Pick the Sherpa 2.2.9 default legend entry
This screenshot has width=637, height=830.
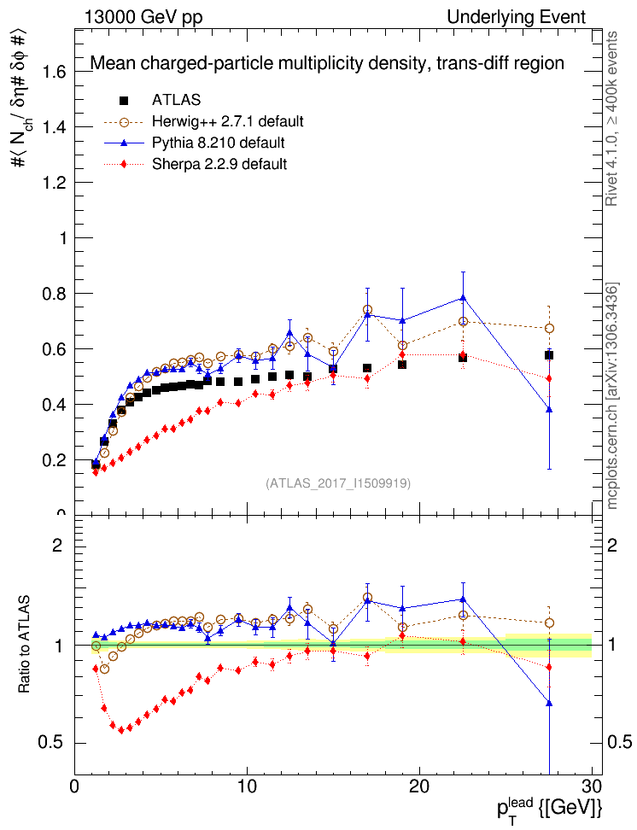click(x=219, y=163)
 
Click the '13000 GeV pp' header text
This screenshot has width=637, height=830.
click(x=143, y=17)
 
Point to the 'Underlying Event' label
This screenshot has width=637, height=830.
click(x=517, y=17)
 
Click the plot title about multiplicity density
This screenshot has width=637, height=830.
click(x=327, y=63)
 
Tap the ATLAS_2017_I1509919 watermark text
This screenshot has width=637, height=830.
click(x=338, y=483)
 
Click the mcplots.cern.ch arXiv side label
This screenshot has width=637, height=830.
click(x=612, y=396)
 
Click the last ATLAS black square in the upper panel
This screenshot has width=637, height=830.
click(x=549, y=355)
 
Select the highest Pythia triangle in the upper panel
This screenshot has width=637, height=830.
click(x=463, y=297)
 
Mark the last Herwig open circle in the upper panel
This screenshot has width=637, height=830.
click(x=549, y=328)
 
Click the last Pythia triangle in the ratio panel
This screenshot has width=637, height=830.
click(x=549, y=703)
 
